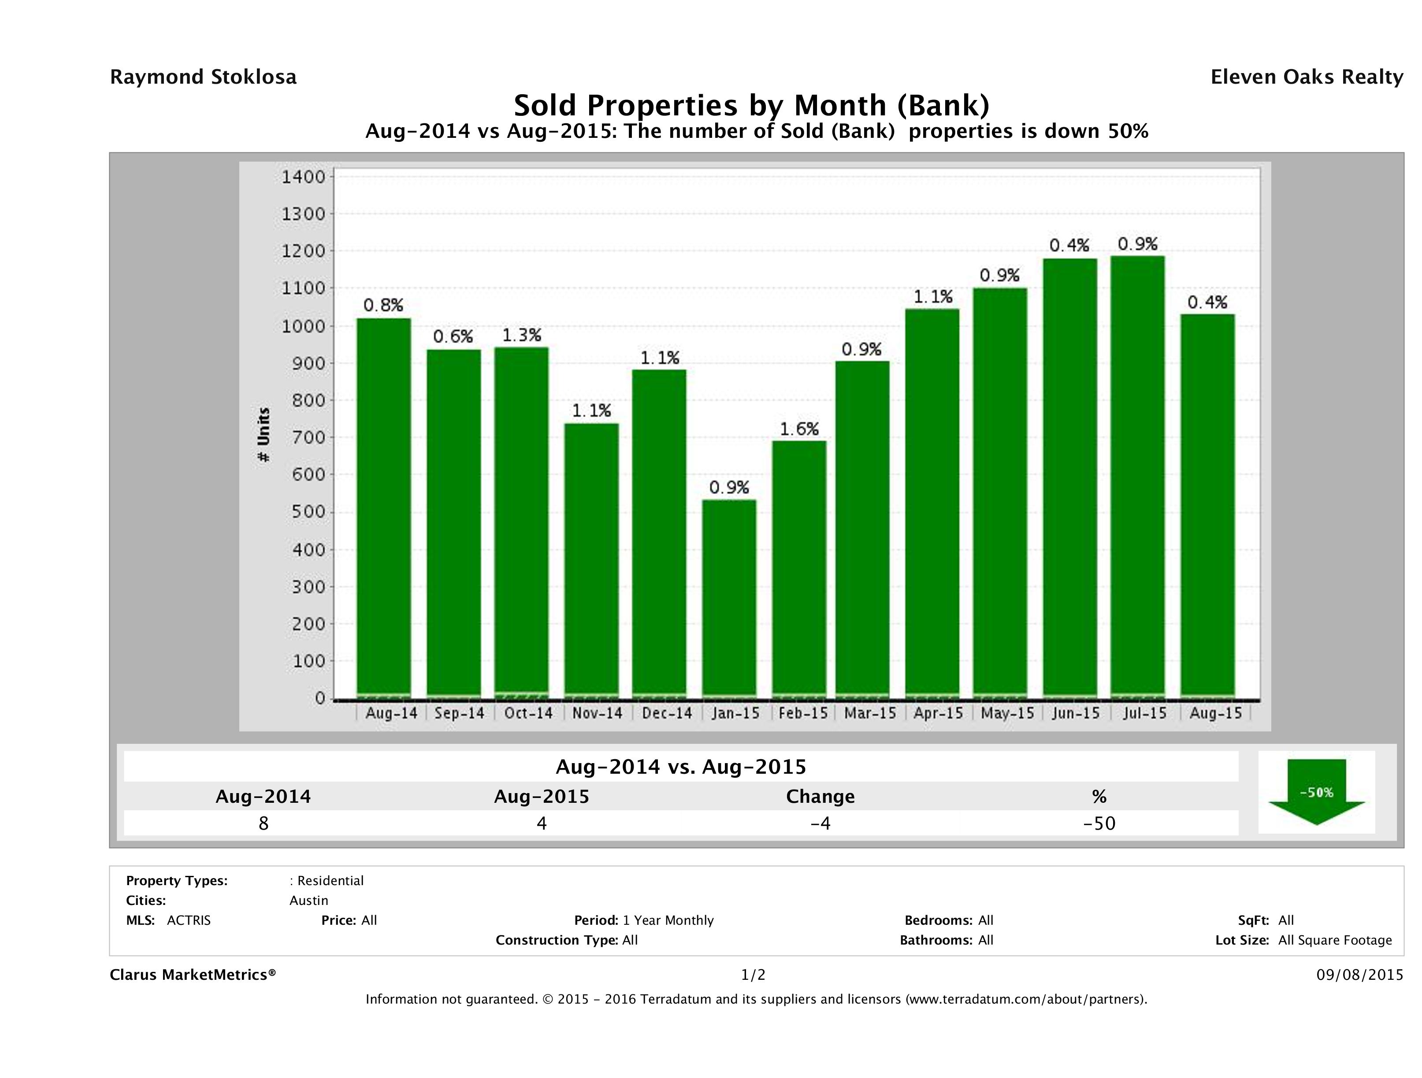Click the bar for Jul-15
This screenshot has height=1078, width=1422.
[1137, 476]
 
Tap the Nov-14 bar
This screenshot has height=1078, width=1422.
[591, 559]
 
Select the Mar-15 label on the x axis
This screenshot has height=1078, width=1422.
[870, 713]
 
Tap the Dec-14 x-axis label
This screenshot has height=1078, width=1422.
[667, 713]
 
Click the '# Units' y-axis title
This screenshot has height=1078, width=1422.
[264, 435]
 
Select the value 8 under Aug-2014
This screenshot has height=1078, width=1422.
[263, 823]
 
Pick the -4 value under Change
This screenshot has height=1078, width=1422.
[821, 823]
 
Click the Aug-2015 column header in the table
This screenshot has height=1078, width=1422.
[541, 797]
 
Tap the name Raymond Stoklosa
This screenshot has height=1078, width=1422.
[203, 77]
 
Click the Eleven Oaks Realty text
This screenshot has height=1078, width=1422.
[1306, 77]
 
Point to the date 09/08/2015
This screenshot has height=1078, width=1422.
[1359, 975]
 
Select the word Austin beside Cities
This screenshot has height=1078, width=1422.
[308, 901]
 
